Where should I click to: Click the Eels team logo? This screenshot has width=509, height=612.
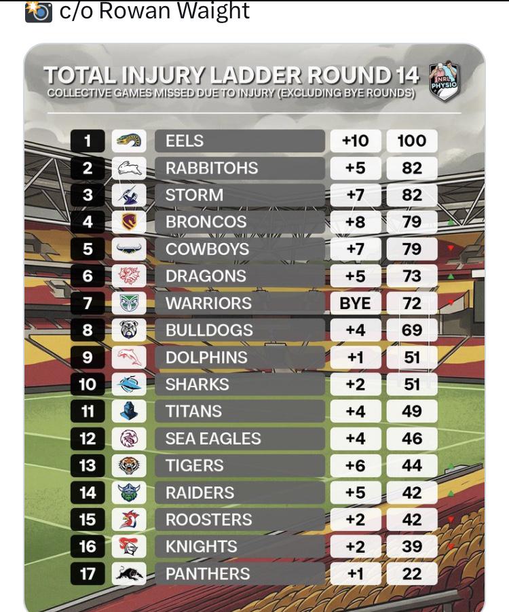pyautogui.click(x=129, y=141)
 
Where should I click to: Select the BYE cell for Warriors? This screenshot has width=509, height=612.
pyautogui.click(x=356, y=303)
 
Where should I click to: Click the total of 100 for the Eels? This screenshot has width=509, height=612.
pyautogui.click(x=412, y=141)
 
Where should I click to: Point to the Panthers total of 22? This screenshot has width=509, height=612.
pyautogui.click(x=412, y=574)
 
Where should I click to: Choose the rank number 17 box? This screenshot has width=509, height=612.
pyautogui.click(x=88, y=574)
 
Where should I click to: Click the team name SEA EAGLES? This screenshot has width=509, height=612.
pyautogui.click(x=213, y=438)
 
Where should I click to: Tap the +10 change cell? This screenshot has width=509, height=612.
pyautogui.click(x=356, y=141)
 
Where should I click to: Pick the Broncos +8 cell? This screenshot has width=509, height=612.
pyautogui.click(x=356, y=221)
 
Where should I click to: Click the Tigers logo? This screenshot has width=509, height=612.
pyautogui.click(x=129, y=465)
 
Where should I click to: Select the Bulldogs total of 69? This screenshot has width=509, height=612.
pyautogui.click(x=412, y=330)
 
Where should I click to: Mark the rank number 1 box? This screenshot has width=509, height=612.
pyautogui.click(x=88, y=141)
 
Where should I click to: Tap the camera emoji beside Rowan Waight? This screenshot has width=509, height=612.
pyautogui.click(x=38, y=12)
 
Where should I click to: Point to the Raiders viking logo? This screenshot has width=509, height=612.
pyautogui.click(x=129, y=492)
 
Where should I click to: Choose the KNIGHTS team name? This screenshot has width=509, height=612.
pyautogui.click(x=202, y=546)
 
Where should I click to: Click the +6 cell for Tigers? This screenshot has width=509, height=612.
pyautogui.click(x=356, y=465)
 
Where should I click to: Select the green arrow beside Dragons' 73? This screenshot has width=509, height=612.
pyautogui.click(x=451, y=276)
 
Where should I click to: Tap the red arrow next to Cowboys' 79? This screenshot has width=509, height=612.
pyautogui.click(x=451, y=248)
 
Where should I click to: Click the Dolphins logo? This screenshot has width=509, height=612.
pyautogui.click(x=129, y=357)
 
